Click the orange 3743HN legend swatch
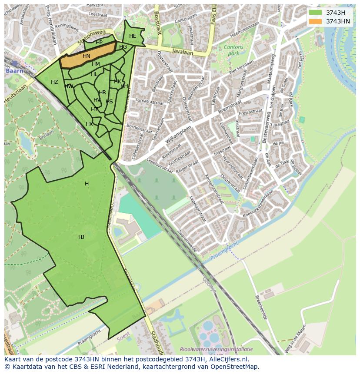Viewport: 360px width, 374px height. [x=316, y=21]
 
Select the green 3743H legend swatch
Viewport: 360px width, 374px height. [x=316, y=13]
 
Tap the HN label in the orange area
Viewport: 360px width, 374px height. [x=87, y=56]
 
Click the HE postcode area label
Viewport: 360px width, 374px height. [x=133, y=36]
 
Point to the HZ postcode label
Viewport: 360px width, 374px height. [x=54, y=82]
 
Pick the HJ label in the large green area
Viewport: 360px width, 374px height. [x=81, y=237]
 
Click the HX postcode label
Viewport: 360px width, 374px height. [x=89, y=124]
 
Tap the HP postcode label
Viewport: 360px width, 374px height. [x=99, y=43]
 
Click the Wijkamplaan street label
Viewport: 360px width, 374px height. [x=178, y=135]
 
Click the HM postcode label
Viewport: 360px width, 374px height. [x=96, y=64]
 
